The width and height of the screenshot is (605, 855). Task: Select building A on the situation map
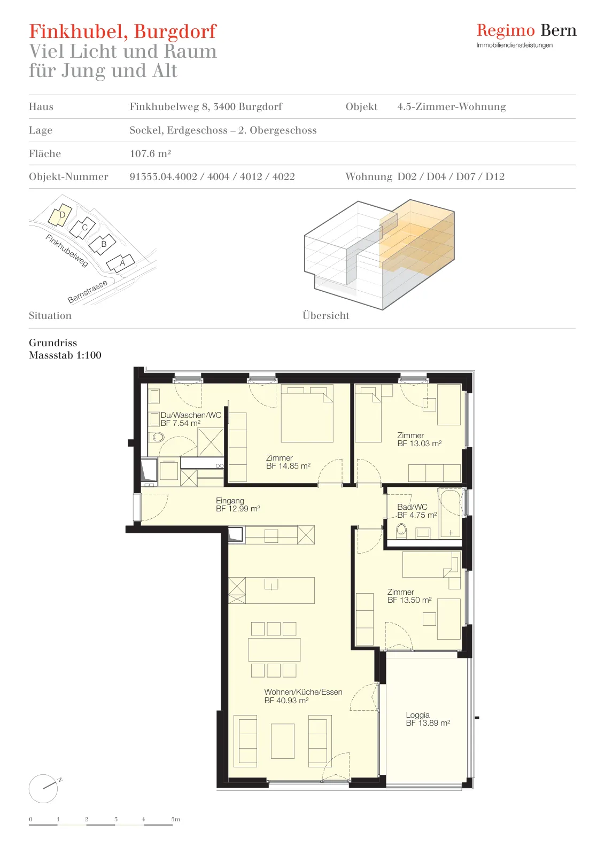tap(121, 262)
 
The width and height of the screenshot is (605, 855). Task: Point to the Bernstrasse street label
tap(88, 292)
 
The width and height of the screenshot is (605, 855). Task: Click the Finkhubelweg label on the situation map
tap(67, 251)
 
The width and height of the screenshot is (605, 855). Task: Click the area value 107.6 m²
tap(150, 153)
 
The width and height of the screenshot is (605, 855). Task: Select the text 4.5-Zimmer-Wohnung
tap(452, 106)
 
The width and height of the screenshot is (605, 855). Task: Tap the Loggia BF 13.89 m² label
tap(428, 719)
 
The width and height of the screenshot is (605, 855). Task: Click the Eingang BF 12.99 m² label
tap(238, 504)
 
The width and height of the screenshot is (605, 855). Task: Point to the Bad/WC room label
tap(417, 511)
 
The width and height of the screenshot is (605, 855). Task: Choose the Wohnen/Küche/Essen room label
tap(303, 696)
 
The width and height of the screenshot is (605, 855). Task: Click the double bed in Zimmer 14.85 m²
tap(307, 413)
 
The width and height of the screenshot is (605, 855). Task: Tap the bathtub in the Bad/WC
tap(451, 514)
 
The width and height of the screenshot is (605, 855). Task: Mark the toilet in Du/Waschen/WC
tap(157, 437)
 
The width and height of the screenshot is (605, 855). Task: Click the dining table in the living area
tap(274, 649)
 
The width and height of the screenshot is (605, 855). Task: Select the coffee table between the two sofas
tap(283, 741)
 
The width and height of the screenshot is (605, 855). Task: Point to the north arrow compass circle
tap(43, 789)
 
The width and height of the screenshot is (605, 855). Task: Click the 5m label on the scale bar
tap(176, 819)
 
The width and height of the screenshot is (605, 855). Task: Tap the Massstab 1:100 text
tap(65, 355)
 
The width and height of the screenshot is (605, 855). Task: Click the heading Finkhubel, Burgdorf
tap(122, 32)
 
